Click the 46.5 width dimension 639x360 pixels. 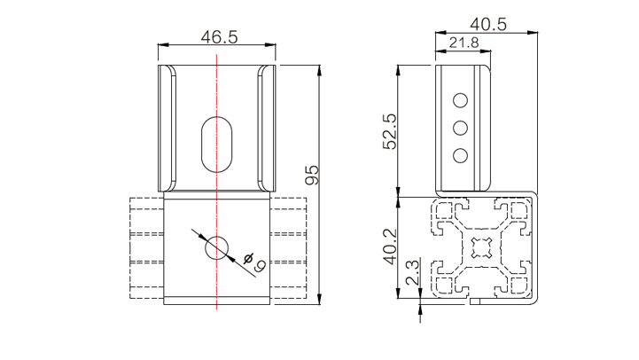click(219, 37)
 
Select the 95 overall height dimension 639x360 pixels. click(312, 175)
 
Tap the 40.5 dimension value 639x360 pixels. click(488, 25)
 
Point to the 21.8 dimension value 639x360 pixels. click(464, 43)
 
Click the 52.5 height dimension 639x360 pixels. click(389, 132)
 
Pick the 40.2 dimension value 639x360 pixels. click(389, 247)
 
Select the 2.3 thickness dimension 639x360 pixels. click(411, 272)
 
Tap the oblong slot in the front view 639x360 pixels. click(217, 145)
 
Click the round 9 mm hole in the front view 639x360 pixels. click(217, 247)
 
